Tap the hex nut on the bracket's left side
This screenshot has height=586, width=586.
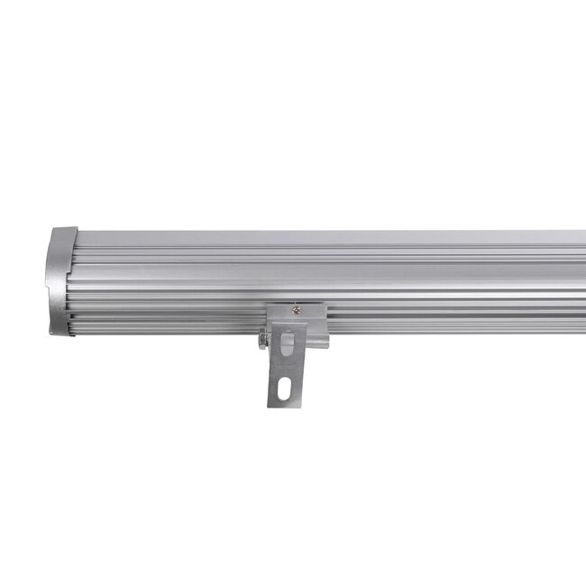[263, 340]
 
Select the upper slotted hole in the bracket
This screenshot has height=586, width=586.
[288, 346]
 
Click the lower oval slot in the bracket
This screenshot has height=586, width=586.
[286, 389]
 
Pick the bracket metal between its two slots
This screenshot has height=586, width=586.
[287, 368]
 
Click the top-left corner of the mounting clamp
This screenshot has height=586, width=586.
[268, 304]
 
